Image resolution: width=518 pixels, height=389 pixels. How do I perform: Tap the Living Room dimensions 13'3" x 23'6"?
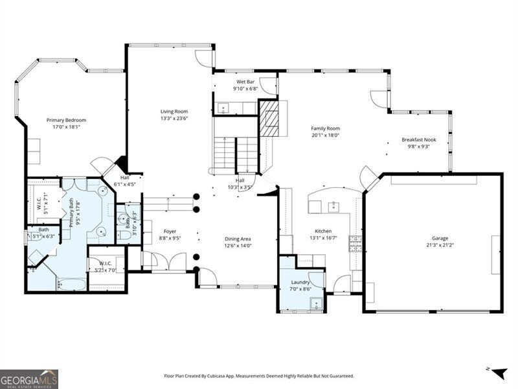tap(174, 119)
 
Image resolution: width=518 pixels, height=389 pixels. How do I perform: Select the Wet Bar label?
tap(245, 82)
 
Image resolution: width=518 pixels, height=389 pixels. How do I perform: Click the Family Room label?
tap(325, 128)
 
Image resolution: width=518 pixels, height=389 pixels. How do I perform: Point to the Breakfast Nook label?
tap(419, 139)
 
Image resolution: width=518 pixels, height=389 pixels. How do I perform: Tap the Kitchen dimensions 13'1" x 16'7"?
tap(323, 238)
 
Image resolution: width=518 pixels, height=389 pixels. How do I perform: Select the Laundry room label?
tap(300, 282)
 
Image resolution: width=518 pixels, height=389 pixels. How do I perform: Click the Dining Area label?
tap(238, 238)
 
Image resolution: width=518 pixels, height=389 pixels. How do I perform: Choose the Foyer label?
tap(170, 231)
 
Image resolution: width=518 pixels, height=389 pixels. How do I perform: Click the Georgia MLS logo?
tap(29, 379)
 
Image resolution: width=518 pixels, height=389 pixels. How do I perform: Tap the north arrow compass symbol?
tap(499, 373)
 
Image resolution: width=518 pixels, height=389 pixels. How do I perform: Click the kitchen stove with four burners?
tap(355, 244)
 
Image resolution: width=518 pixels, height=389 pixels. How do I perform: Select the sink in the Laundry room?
tap(315, 303)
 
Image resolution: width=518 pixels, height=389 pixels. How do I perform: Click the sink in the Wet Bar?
tap(223, 108)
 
